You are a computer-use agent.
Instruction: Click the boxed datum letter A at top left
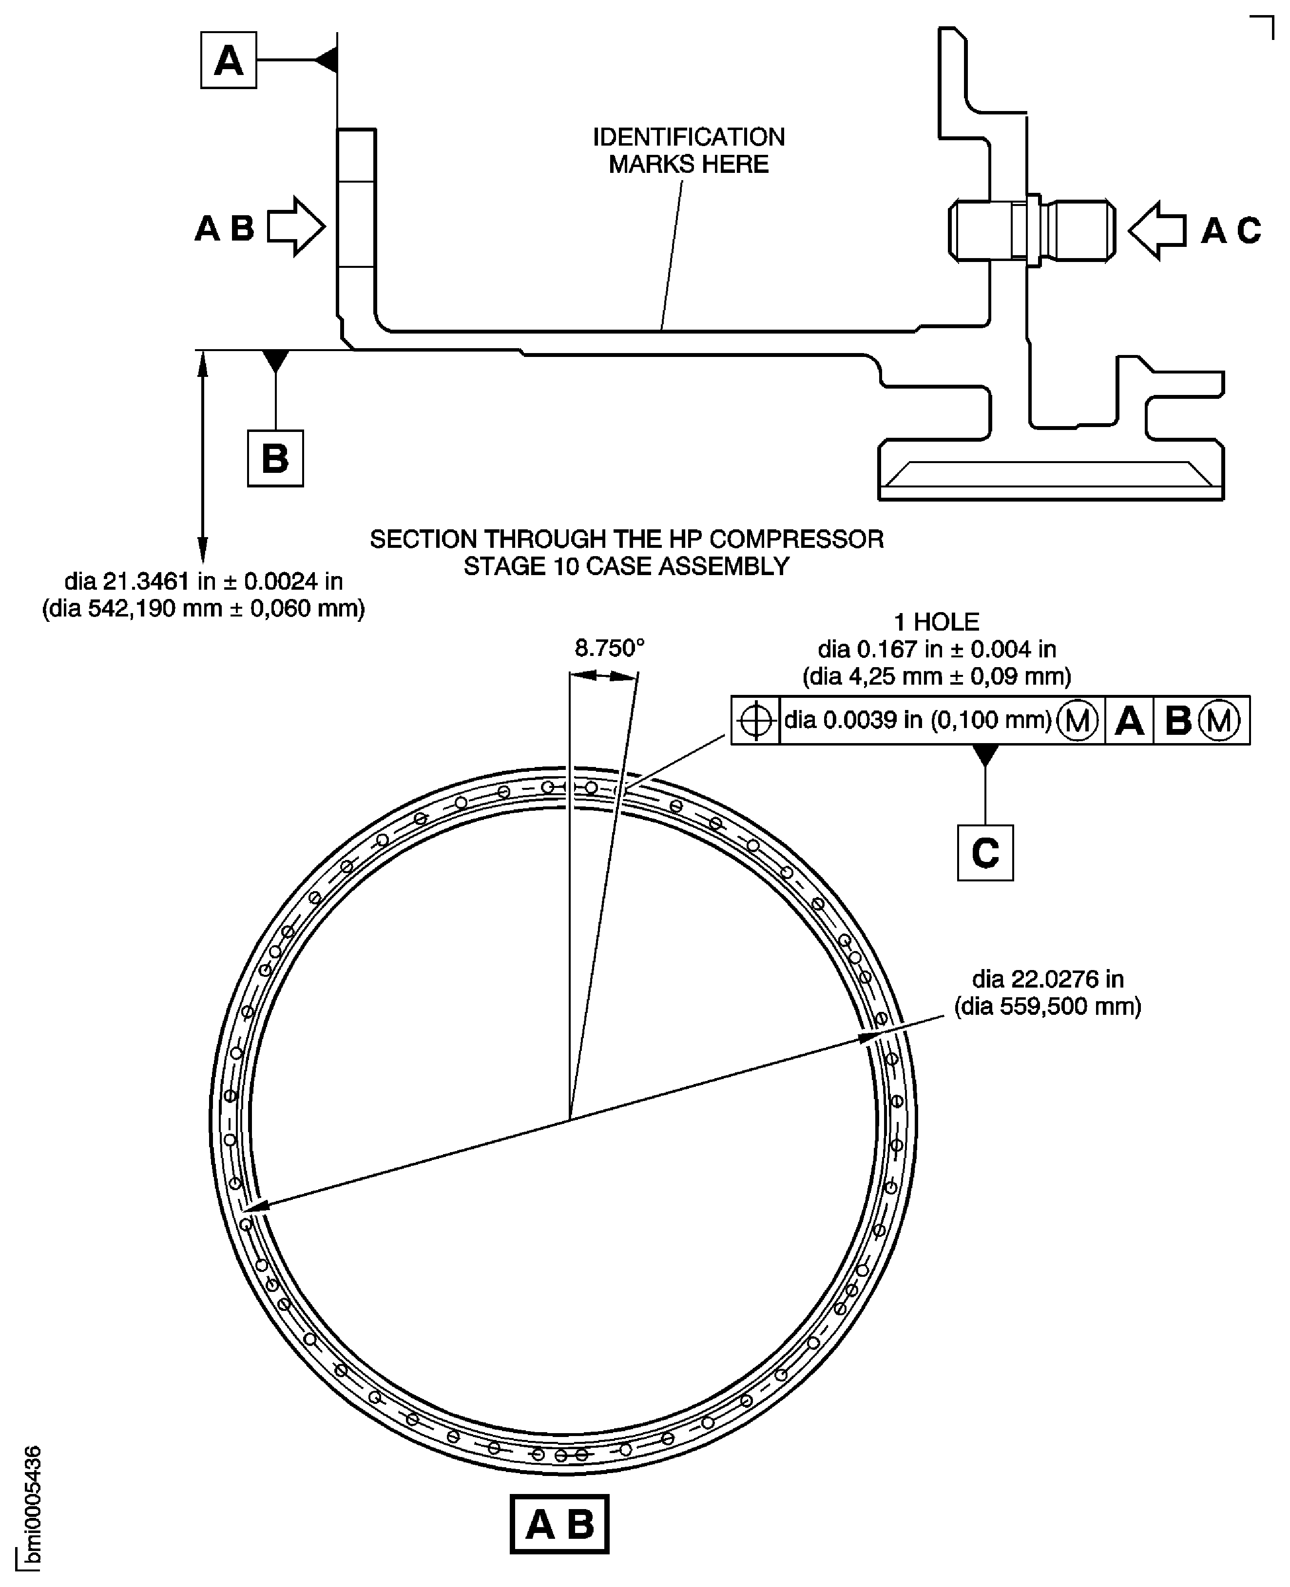click(x=228, y=60)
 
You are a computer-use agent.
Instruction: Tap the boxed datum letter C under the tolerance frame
click(x=984, y=853)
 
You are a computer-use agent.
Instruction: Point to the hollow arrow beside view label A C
click(x=1157, y=230)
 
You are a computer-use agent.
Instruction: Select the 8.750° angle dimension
click(x=609, y=648)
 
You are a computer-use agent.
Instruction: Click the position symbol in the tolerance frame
click(x=755, y=720)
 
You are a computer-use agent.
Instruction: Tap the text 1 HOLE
click(x=936, y=621)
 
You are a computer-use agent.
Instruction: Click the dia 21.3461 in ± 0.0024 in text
click(x=204, y=581)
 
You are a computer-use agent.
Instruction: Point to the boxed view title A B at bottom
click(x=559, y=1525)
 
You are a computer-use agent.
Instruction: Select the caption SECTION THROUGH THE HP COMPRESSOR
click(x=626, y=539)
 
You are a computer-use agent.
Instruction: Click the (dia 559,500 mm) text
click(x=1047, y=1006)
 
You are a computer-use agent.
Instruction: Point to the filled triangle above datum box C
click(x=984, y=755)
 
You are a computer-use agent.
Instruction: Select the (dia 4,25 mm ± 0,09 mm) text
click(x=936, y=676)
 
